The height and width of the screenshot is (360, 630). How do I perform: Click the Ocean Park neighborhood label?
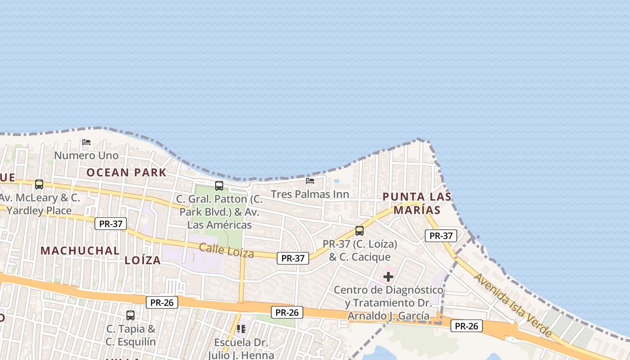click(126, 172)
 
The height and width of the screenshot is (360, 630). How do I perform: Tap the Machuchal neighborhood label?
click(80, 251)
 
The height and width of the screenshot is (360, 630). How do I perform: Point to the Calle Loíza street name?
click(226, 250)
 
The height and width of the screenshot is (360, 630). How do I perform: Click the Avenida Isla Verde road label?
click(513, 305)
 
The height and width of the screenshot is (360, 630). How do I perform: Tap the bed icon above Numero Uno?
click(86, 142)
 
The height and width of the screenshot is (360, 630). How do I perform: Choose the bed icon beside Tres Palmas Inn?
click(310, 181)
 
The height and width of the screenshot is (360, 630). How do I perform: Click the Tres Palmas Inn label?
click(310, 194)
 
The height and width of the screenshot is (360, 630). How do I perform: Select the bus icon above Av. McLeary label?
click(39, 184)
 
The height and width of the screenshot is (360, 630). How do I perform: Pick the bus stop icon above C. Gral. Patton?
click(219, 185)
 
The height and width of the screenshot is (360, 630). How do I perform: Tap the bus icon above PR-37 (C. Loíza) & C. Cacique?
click(360, 231)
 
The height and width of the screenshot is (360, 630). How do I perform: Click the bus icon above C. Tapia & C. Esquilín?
click(130, 315)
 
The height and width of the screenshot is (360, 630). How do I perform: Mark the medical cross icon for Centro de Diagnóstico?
click(388, 277)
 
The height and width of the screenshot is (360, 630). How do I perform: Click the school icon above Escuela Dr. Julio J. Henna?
click(241, 329)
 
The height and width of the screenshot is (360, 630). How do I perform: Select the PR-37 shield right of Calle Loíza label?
click(292, 258)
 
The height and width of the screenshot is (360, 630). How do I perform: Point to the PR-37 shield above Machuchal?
click(111, 224)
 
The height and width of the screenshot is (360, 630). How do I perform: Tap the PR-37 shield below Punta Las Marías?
click(441, 235)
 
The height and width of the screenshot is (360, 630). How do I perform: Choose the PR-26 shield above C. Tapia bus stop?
click(162, 302)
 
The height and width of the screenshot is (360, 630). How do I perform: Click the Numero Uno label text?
click(86, 156)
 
